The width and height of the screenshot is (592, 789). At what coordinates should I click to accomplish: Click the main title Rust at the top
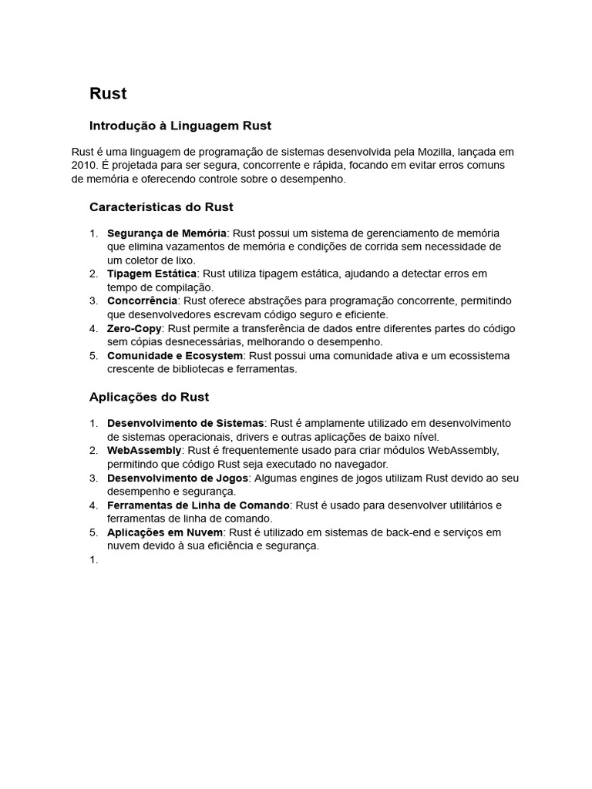pos(108,94)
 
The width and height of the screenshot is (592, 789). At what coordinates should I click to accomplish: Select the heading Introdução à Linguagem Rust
pos(180,126)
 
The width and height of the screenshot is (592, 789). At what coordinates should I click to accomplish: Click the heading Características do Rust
pos(161,207)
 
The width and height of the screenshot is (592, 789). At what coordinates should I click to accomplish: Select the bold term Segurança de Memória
pos(166,233)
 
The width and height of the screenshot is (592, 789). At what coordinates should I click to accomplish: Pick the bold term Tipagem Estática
pos(152,274)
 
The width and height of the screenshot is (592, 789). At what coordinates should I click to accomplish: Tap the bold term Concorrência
pos(142,300)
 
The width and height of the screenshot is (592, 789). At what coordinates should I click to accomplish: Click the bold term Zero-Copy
pos(134,328)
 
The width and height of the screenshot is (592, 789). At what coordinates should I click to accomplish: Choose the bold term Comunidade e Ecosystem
pos(175,355)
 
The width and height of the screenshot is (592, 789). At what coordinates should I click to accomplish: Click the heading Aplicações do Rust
pos(149,398)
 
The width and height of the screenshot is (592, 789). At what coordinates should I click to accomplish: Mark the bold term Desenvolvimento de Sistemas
pos(185,423)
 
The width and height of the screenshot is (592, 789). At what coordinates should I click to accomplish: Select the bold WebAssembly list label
pos(144,450)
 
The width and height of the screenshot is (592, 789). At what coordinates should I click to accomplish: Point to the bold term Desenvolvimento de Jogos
pos(177,478)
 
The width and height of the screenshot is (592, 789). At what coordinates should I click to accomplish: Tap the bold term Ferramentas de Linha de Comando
pos(198,505)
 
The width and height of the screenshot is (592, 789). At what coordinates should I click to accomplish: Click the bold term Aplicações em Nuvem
pos(163,532)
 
